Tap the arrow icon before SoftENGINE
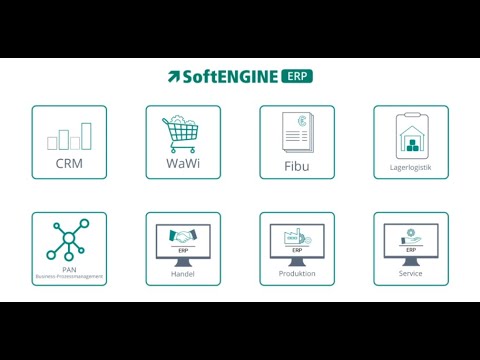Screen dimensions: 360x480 pos(174,77)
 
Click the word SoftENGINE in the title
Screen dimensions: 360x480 pos(229,76)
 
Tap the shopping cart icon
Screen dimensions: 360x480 pos(182,133)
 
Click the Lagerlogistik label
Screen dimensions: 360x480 pos(411,167)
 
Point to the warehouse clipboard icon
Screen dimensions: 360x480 pos(411,134)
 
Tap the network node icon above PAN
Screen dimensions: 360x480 pos(69,239)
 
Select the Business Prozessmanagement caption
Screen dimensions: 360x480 pos(69,276)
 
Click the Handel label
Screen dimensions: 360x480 pos(183,273)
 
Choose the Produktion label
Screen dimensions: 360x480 pos(297,273)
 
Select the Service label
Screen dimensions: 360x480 pos(411,273)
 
